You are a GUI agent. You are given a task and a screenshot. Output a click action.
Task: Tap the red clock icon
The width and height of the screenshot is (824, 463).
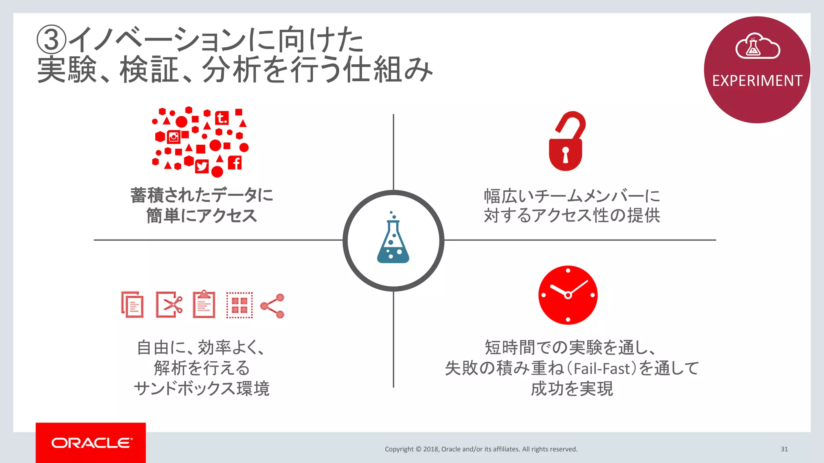(568, 295)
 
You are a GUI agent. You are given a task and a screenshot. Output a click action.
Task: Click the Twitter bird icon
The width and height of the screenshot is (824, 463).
(202, 166)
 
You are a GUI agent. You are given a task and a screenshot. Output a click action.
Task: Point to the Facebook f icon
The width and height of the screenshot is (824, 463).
(235, 163)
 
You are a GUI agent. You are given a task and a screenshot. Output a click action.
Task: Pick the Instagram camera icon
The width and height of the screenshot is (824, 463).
(174, 137)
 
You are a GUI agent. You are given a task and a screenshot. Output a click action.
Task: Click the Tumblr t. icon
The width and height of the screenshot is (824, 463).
(221, 118)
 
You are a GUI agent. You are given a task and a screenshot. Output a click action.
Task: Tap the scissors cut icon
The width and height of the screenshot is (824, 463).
(169, 305)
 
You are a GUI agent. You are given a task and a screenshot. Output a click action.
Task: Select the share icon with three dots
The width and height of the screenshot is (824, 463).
(273, 306)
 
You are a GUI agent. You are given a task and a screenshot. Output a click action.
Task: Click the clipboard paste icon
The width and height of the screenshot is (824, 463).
(204, 304)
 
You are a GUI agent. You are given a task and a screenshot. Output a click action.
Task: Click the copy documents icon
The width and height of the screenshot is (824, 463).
(132, 305)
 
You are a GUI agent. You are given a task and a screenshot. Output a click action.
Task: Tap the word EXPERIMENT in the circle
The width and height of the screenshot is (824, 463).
(757, 81)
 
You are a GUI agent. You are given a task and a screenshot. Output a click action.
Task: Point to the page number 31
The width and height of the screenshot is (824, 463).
(784, 449)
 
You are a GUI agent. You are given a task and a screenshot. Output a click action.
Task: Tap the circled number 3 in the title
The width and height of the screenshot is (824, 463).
(51, 39)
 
